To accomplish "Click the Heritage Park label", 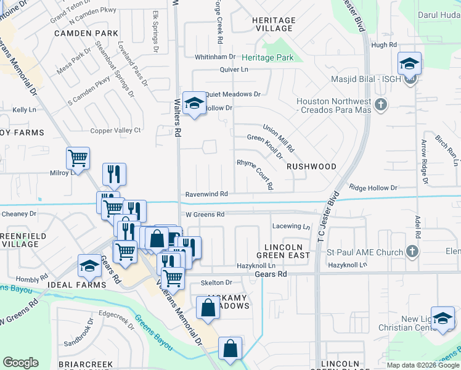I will point(267,58).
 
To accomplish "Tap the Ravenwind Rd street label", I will point(207,194).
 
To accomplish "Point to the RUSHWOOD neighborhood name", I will point(311,166).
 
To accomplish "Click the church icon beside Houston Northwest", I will point(380,105).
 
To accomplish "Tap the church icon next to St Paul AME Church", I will point(412,252).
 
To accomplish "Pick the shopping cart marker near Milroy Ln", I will point(78,158).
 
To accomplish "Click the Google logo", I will point(20,363).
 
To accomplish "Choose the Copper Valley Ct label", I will point(116,130).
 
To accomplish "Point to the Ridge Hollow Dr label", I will point(373,187).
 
